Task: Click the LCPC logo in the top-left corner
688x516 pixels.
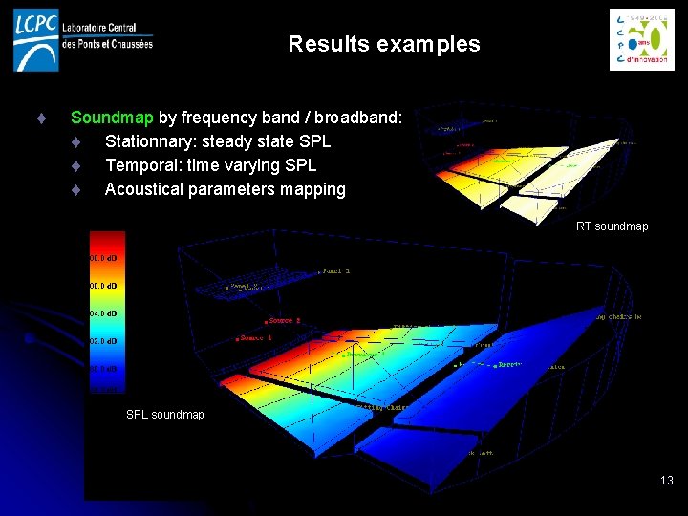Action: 36,39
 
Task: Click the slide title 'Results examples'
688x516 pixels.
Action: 383,44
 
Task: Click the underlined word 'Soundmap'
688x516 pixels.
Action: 112,118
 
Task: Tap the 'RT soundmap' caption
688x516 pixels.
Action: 612,226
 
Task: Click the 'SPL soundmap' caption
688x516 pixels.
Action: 165,415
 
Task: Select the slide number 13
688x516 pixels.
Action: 666,480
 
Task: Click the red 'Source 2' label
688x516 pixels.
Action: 284,321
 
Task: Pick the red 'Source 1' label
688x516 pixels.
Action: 255,338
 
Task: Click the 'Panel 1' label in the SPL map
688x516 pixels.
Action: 335,271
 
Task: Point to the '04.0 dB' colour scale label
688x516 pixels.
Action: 103,313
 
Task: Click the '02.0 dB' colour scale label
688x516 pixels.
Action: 103,341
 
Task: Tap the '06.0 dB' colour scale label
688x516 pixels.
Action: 103,286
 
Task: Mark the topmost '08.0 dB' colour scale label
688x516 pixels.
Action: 103,258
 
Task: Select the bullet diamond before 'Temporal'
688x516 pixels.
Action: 75,166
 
